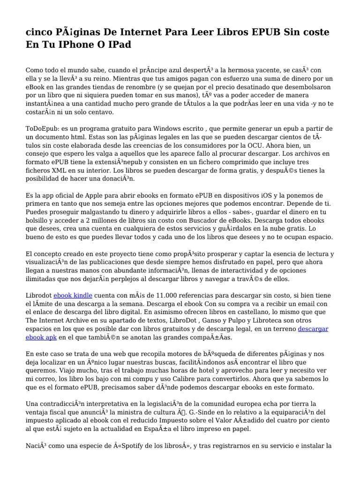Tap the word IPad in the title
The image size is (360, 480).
(x=117, y=45)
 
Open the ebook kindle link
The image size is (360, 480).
(x=73, y=295)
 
